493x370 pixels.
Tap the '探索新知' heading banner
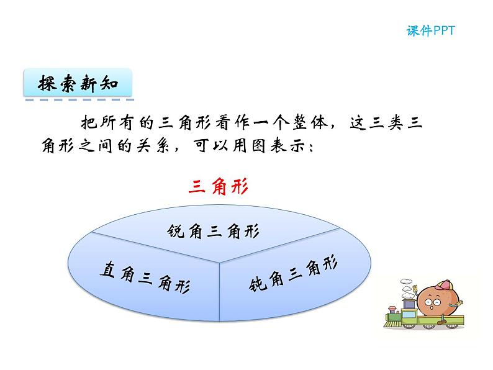point(77,84)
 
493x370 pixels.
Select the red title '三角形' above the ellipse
point(218,187)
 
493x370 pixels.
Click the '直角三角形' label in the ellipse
point(145,276)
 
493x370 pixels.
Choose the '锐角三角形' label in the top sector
point(213,231)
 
